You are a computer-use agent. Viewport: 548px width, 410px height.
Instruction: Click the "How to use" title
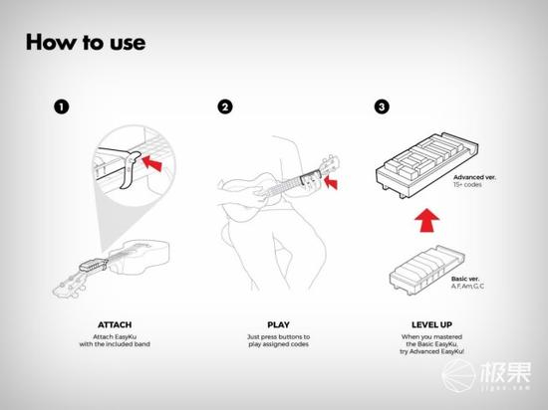(86, 42)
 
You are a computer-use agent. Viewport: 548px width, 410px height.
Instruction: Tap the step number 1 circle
(62, 106)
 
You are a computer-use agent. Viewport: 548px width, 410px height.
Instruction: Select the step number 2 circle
(225, 106)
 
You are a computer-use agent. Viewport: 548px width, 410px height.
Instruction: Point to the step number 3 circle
(382, 106)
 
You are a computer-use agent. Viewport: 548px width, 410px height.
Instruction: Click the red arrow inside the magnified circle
(152, 163)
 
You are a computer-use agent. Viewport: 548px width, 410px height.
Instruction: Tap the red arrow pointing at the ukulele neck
(331, 182)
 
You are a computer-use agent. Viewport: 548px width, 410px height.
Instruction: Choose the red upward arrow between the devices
(427, 220)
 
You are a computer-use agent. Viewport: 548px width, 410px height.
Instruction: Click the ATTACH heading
(115, 324)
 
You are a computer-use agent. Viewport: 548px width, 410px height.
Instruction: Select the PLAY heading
(278, 324)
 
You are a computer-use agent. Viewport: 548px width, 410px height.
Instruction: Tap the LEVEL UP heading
(431, 324)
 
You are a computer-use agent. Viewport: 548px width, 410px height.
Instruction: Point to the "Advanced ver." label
(474, 177)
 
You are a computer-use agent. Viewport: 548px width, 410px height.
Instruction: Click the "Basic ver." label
(465, 279)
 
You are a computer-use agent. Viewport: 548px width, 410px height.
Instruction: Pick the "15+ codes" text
(467, 184)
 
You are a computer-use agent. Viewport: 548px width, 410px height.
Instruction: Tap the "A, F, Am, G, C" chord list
(467, 287)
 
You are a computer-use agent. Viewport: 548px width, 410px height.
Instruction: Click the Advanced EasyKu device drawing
(426, 165)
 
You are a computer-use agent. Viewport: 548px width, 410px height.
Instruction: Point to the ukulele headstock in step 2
(330, 164)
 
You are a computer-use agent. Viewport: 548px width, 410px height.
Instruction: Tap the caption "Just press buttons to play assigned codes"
(279, 340)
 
